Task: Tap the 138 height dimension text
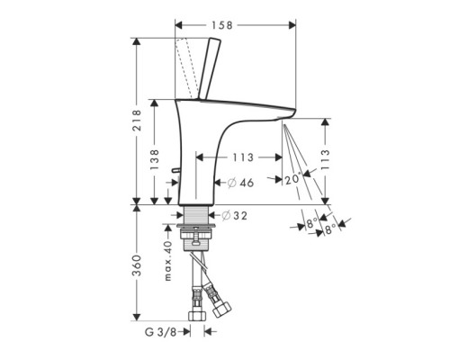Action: (x=154, y=160)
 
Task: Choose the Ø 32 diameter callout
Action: (x=234, y=217)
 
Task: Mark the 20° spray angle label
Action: (x=292, y=179)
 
